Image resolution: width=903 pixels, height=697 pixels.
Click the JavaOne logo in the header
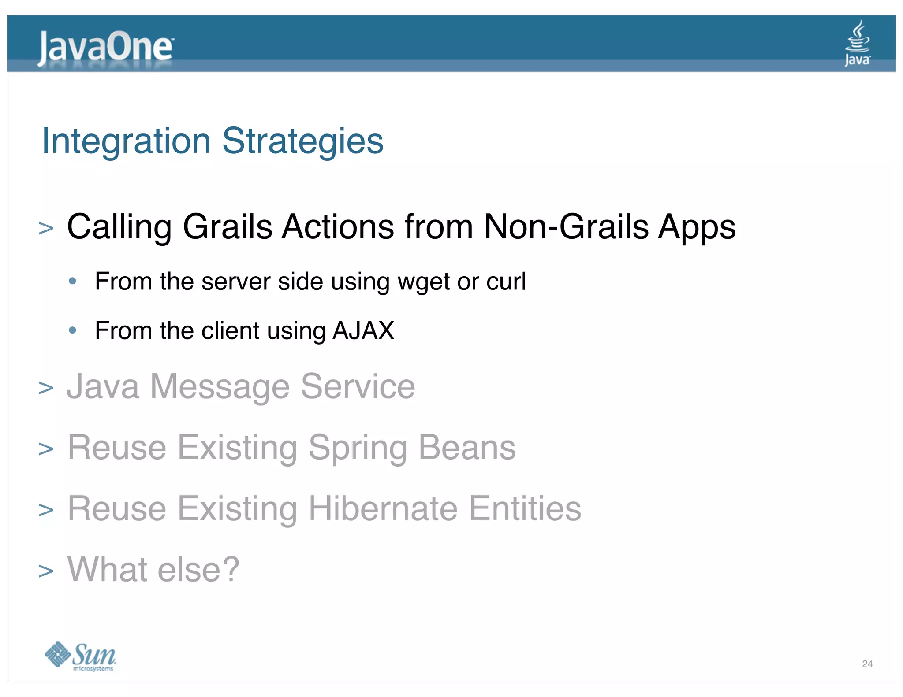106,48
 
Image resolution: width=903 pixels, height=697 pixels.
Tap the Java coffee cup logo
857,43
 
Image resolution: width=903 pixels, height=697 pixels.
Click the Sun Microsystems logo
81,656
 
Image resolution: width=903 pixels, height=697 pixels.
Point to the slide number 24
867,664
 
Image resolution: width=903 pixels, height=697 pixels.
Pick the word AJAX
363,330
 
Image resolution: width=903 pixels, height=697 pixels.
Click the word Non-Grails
566,227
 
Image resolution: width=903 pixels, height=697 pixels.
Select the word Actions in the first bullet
338,227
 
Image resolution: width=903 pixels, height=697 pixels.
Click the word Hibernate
383,508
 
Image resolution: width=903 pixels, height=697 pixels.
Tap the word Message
220,387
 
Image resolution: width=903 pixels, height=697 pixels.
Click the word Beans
466,448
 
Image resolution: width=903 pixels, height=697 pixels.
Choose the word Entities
525,508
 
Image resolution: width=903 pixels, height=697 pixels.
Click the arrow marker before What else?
46,571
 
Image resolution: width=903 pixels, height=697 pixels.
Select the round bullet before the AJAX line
73,330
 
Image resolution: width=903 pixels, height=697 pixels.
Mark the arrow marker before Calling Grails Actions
46,228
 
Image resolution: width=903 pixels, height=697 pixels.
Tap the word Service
358,387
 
